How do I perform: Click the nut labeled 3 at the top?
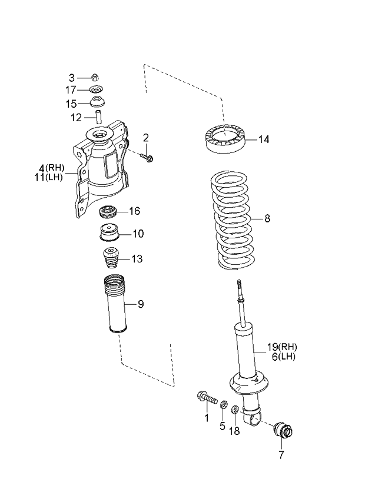[97, 77]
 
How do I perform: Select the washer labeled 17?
[97, 90]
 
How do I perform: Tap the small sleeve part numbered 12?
[99, 117]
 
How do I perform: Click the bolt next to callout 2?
[147, 156]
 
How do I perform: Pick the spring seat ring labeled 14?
[225, 140]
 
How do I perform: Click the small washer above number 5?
[224, 405]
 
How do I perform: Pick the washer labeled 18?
[235, 410]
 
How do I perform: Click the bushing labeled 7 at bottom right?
[285, 432]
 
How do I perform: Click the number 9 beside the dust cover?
[141, 304]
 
